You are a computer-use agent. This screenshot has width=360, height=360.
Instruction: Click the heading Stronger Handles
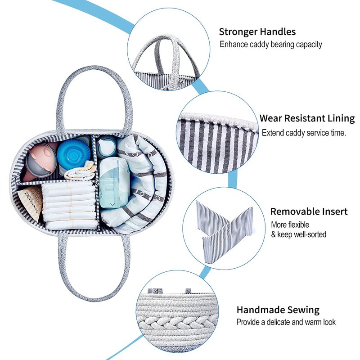(x=257, y=32)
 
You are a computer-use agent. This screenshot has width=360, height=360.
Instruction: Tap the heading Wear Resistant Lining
(x=307, y=119)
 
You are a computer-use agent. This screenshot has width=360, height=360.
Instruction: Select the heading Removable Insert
(x=309, y=211)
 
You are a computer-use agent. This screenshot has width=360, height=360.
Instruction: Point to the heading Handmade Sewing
(x=278, y=310)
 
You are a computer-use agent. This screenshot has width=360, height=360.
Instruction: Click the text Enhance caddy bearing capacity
(x=270, y=45)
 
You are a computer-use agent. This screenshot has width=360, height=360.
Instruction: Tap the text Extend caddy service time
(x=304, y=133)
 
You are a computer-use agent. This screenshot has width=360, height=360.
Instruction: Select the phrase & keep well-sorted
(x=298, y=234)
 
